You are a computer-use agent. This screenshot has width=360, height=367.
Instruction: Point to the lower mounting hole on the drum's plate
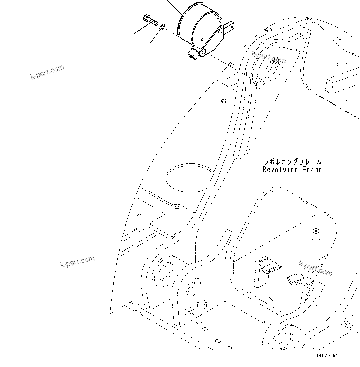click(204, 51)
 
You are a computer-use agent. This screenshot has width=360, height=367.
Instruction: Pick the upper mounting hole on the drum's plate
click(220, 31)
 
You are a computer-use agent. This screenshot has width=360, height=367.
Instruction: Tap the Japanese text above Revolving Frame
click(292, 162)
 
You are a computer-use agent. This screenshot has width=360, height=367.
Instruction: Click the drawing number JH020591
click(326, 356)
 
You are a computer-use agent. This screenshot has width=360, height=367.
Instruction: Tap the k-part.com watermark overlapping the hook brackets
click(315, 268)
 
